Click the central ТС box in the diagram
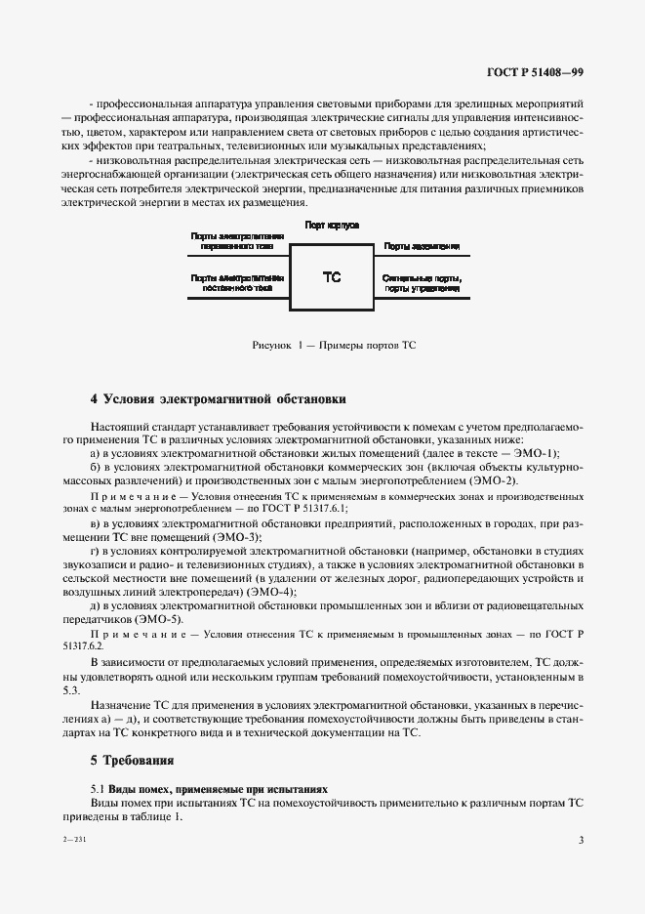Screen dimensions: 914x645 332,277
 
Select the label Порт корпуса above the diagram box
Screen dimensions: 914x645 332,225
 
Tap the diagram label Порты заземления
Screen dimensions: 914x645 422,247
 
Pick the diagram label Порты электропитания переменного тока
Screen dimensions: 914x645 237,241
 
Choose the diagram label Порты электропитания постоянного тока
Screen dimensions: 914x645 237,283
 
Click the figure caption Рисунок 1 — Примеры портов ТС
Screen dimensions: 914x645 334,345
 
